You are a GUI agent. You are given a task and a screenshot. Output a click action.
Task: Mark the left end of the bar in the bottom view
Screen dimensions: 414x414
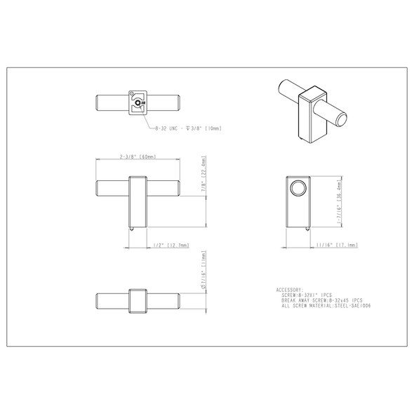pos(99,300)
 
